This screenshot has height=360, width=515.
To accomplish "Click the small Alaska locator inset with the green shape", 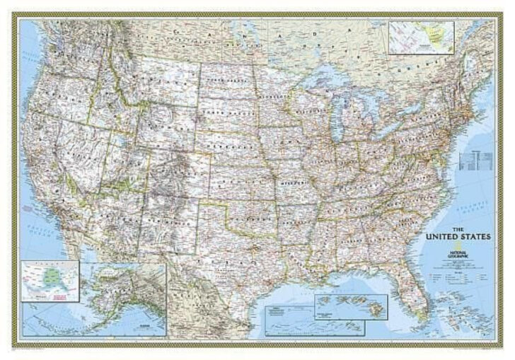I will [x=50, y=279].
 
